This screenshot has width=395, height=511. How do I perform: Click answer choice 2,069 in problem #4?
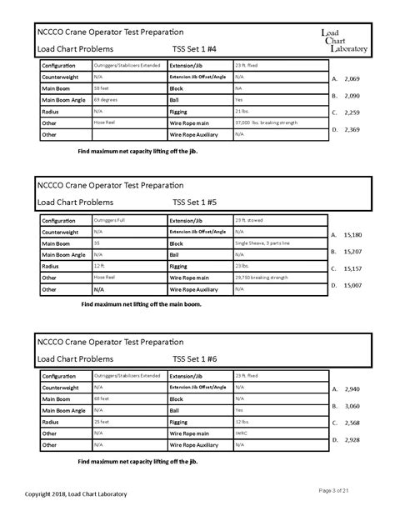point(351,78)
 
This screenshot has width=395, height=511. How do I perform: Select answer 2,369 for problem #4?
point(351,129)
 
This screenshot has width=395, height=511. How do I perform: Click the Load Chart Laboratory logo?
point(344,41)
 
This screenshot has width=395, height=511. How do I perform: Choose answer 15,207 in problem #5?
point(351,251)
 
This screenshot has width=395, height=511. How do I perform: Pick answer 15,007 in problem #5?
point(351,285)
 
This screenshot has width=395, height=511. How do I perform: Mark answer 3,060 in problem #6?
point(351,406)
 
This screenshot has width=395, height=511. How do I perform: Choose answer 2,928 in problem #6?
point(351,439)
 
